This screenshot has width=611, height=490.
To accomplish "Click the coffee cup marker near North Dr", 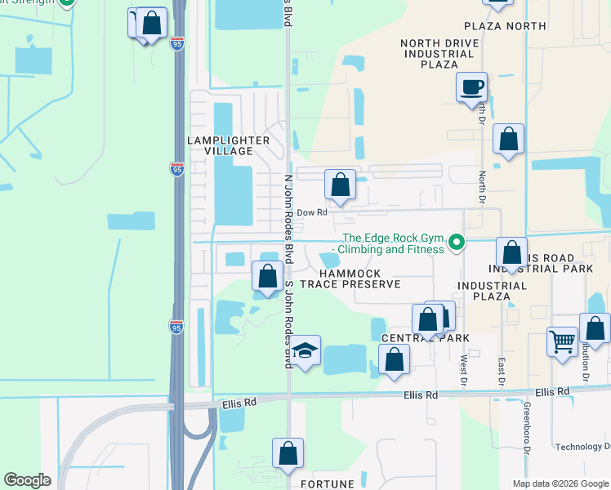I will click(471, 87).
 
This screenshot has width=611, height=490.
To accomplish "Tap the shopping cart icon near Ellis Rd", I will click(563, 341).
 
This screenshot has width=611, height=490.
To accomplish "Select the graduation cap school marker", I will click(305, 350).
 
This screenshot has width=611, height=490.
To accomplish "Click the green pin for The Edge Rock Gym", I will click(458, 242).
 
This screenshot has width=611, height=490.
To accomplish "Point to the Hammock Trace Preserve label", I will click(350, 278).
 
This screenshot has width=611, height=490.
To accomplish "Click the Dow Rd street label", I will click(311, 212).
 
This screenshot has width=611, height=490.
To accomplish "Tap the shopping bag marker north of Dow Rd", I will click(341, 185).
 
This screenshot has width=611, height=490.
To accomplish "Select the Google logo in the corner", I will click(27, 480).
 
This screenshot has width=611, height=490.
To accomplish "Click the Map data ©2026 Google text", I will click(560, 483).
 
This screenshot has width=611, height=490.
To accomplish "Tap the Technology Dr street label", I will click(582, 447).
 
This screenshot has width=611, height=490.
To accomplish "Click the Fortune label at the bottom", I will click(328, 483).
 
